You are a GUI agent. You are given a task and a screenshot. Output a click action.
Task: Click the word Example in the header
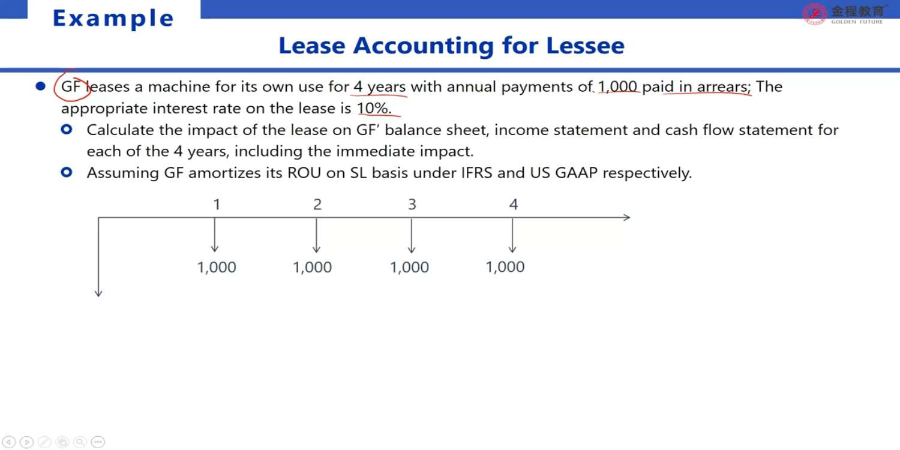click(x=113, y=19)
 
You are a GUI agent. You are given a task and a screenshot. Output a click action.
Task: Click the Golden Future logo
click(x=844, y=14)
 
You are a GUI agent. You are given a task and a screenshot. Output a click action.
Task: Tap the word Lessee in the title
click(x=586, y=46)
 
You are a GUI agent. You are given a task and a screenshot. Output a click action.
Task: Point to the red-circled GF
click(x=71, y=86)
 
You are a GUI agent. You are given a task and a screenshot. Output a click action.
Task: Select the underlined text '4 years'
click(x=379, y=87)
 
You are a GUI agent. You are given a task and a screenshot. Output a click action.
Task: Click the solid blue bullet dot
click(x=41, y=86)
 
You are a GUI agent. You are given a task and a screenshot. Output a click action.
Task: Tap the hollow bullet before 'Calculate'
click(x=66, y=130)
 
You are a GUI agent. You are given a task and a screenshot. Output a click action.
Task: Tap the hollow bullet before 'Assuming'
click(x=66, y=172)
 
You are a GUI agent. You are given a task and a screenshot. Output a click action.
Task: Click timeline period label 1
click(x=217, y=205)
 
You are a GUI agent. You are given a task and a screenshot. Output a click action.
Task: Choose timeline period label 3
click(x=412, y=205)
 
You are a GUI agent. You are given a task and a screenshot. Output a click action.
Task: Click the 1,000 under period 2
click(x=312, y=267)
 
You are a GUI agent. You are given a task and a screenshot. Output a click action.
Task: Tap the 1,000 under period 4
click(x=505, y=267)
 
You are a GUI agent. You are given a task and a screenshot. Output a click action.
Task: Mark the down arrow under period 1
click(x=215, y=235)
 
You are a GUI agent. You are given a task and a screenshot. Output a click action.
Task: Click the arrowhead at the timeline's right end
click(x=627, y=217)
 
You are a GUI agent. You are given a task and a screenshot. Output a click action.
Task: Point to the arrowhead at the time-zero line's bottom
click(x=98, y=293)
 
